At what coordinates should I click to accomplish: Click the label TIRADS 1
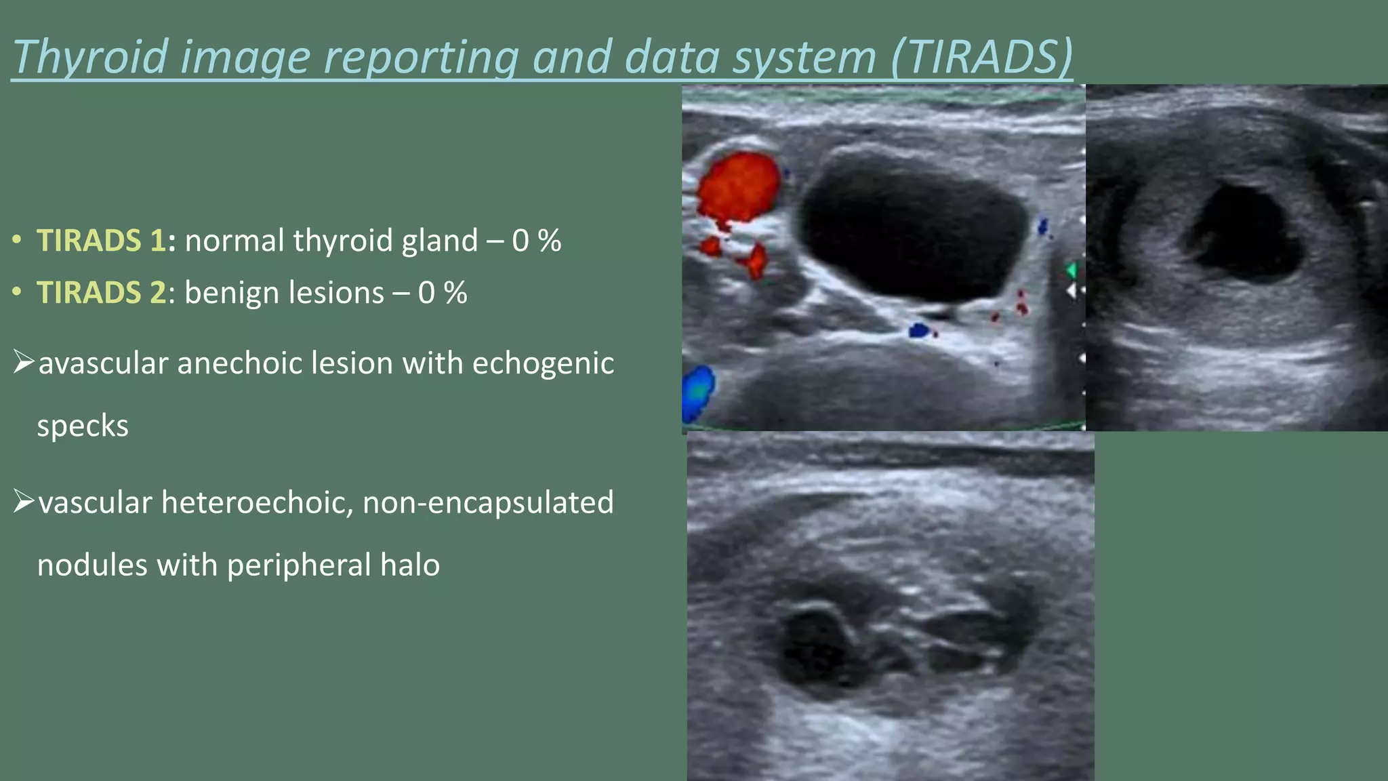coord(101,241)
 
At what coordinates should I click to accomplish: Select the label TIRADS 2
coord(101,293)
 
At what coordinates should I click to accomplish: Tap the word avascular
coord(103,363)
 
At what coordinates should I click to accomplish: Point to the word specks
coord(82,426)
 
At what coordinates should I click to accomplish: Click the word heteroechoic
coord(257,503)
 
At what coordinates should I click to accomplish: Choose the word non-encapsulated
coord(488,503)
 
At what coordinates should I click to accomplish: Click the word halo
coord(409,565)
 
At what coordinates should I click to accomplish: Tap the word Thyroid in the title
coord(90,57)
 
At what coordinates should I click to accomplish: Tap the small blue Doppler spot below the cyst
coord(918,331)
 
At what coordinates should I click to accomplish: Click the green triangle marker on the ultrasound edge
coord(1071,271)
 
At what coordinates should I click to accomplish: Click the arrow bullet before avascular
coord(24,363)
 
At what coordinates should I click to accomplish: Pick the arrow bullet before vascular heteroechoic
coord(24,502)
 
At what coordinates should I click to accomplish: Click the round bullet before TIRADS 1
coord(18,241)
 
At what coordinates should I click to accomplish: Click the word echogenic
coord(543,363)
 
